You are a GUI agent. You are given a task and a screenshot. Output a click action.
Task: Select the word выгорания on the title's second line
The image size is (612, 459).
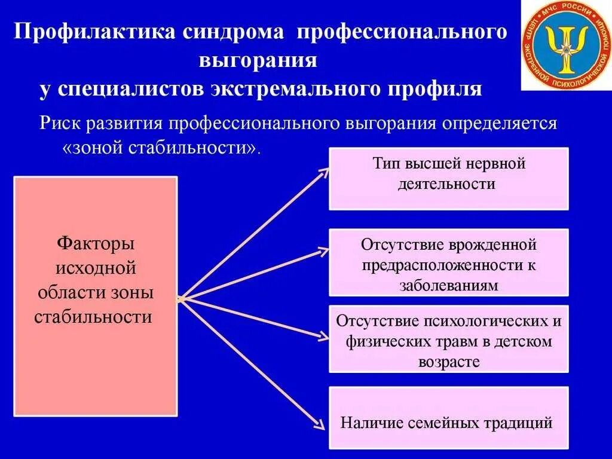258,60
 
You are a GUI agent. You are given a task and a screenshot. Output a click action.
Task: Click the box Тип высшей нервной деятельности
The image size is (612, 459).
448,179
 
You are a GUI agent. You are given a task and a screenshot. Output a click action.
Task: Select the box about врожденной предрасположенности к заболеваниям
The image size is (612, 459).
448,262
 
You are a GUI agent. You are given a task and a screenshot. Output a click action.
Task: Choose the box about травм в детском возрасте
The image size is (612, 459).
448,339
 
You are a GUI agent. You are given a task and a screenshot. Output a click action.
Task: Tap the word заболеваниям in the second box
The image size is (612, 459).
448,286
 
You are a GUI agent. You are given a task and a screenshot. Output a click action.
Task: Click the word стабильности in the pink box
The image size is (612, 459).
93,316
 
